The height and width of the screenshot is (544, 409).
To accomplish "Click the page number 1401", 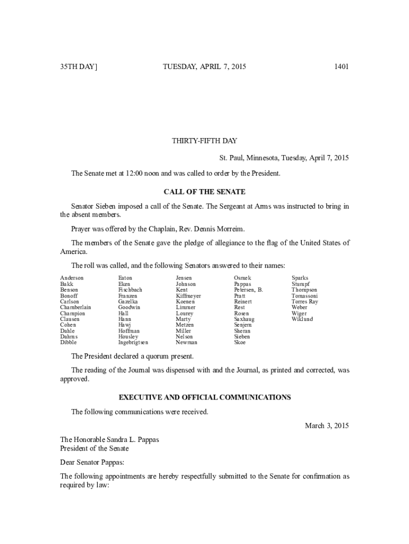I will point(341,67).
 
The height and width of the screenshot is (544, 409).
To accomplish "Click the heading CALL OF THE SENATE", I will point(204,192).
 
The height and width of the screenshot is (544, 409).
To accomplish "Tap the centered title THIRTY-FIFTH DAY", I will point(204,141).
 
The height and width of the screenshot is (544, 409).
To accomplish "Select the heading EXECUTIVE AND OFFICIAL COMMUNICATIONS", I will point(204,397).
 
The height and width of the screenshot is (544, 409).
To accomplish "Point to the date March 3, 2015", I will point(327,426).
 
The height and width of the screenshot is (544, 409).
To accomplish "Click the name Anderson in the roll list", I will point(72,278).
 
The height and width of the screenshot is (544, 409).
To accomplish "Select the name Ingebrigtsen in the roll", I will point(133,343).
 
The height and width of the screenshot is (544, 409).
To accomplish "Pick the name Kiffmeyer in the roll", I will point(189,296).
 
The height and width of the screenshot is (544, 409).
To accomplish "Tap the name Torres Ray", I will point(305,302).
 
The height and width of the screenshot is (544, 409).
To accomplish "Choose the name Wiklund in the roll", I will point(302,319).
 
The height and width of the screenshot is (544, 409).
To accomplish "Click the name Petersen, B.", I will point(249,290).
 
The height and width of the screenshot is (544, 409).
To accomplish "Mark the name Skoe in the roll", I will point(240,343).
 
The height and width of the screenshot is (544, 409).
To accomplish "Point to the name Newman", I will point(186,343).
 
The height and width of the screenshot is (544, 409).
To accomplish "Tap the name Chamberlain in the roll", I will point(76,308).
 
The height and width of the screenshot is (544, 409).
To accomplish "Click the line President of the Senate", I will point(95,448).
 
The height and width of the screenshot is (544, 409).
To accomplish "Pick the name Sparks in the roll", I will point(300,278).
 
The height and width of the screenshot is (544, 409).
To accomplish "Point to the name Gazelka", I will point(129,302).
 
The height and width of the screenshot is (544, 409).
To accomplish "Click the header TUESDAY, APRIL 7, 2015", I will point(204,67).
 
